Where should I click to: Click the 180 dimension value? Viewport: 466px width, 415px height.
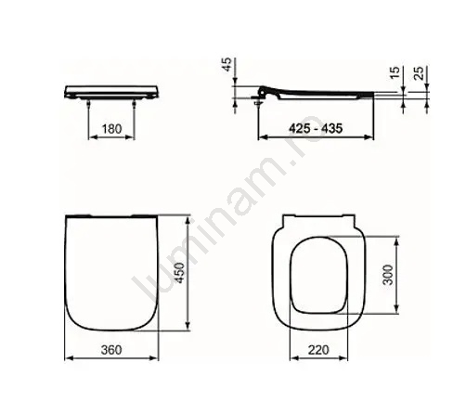pos(111,129)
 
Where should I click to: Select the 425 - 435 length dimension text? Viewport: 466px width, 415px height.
pos(316,128)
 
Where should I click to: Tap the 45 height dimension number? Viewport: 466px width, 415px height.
pos(227,65)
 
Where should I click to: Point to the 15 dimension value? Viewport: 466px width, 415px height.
pos(395,72)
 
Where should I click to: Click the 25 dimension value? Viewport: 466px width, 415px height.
pos(419,73)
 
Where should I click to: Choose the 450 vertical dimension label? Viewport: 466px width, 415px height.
pos(179,273)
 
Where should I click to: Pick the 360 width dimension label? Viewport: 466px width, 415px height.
pos(111,350)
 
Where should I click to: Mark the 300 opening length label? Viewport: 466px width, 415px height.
pos(388,275)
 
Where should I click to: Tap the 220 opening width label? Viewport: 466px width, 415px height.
pos(318,350)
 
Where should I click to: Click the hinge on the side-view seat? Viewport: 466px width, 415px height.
pos(262,92)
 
